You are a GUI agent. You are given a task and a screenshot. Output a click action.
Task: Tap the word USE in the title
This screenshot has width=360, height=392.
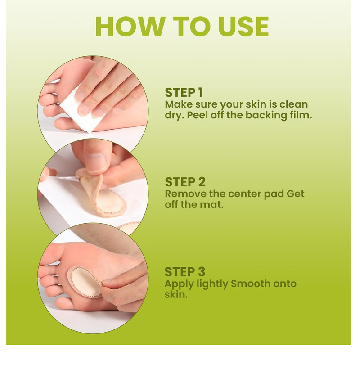(243, 27)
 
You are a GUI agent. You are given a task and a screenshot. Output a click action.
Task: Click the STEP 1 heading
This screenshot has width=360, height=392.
(184, 92)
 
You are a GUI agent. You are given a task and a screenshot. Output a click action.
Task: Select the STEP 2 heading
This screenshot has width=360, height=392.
(185, 182)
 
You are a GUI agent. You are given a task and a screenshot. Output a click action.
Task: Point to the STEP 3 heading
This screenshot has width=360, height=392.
(184, 272)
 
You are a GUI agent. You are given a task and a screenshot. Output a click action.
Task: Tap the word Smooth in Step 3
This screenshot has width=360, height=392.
(251, 284)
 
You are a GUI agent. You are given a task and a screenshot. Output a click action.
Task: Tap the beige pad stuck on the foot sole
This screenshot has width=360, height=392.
(85, 282)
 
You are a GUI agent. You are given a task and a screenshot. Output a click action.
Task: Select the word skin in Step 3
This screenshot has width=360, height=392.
(175, 295)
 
